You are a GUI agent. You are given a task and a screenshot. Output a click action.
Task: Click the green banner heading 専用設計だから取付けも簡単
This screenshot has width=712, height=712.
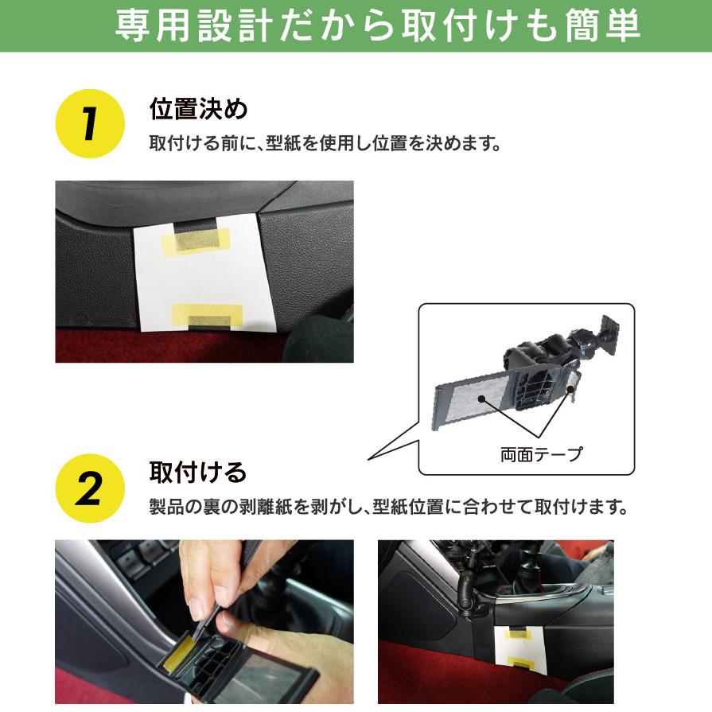point(377,25)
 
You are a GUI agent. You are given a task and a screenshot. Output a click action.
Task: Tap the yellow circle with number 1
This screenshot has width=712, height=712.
point(90,123)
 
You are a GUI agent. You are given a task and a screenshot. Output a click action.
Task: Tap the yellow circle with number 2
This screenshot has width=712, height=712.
point(90,488)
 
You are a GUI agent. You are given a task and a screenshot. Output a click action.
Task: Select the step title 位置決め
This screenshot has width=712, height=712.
point(198,109)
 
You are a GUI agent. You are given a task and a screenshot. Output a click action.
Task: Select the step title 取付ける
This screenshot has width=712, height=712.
point(197,473)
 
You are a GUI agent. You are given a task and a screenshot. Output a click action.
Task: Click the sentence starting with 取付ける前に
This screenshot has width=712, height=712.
point(325,143)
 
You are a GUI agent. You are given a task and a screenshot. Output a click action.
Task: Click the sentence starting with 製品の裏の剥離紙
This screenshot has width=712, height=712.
point(389,506)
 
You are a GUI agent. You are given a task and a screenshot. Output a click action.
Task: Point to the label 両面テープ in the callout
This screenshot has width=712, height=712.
point(541,454)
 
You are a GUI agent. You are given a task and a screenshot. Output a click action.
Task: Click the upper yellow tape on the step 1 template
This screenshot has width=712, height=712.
point(196,241)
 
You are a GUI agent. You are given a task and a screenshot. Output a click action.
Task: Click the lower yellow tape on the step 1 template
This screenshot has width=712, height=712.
point(207,316)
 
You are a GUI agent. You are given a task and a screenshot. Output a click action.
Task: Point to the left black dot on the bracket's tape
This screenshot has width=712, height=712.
point(481,399)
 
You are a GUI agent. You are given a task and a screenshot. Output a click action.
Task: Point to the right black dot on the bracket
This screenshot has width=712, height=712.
point(570,389)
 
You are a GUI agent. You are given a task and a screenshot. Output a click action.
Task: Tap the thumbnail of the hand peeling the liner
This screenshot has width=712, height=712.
point(204,621)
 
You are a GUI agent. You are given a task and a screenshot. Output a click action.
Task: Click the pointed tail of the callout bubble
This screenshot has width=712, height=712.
point(368,460)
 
